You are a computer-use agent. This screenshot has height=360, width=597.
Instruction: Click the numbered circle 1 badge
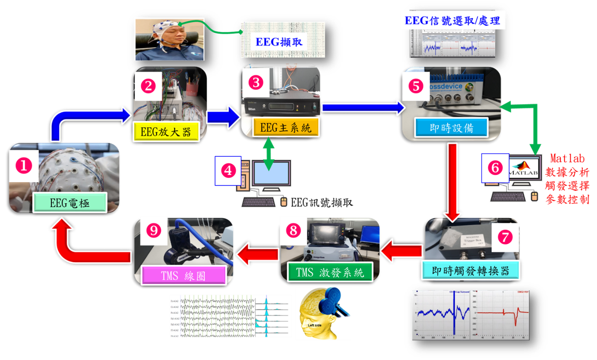tap(24, 165)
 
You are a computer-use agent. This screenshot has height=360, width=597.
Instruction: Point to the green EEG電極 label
tap(69, 203)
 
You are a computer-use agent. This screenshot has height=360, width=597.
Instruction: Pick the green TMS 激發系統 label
tap(330, 272)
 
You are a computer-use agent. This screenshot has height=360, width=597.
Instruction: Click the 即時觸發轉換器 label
tap(471, 270)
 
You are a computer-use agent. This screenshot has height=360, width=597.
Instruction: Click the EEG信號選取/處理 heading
tap(452, 21)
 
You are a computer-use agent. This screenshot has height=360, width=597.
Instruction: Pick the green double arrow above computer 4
tap(269, 154)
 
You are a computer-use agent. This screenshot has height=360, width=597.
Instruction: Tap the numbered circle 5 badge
tap(416, 85)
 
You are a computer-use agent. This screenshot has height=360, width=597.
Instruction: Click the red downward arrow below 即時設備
tap(453, 181)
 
